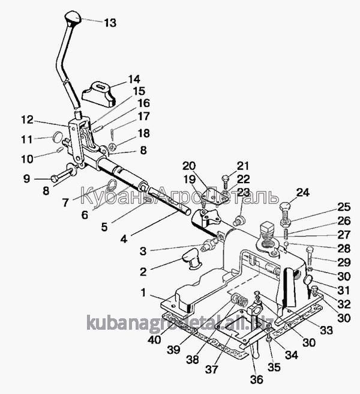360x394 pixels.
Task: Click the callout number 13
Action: [x=110, y=23]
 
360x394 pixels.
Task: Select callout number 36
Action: [x=256, y=379]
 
